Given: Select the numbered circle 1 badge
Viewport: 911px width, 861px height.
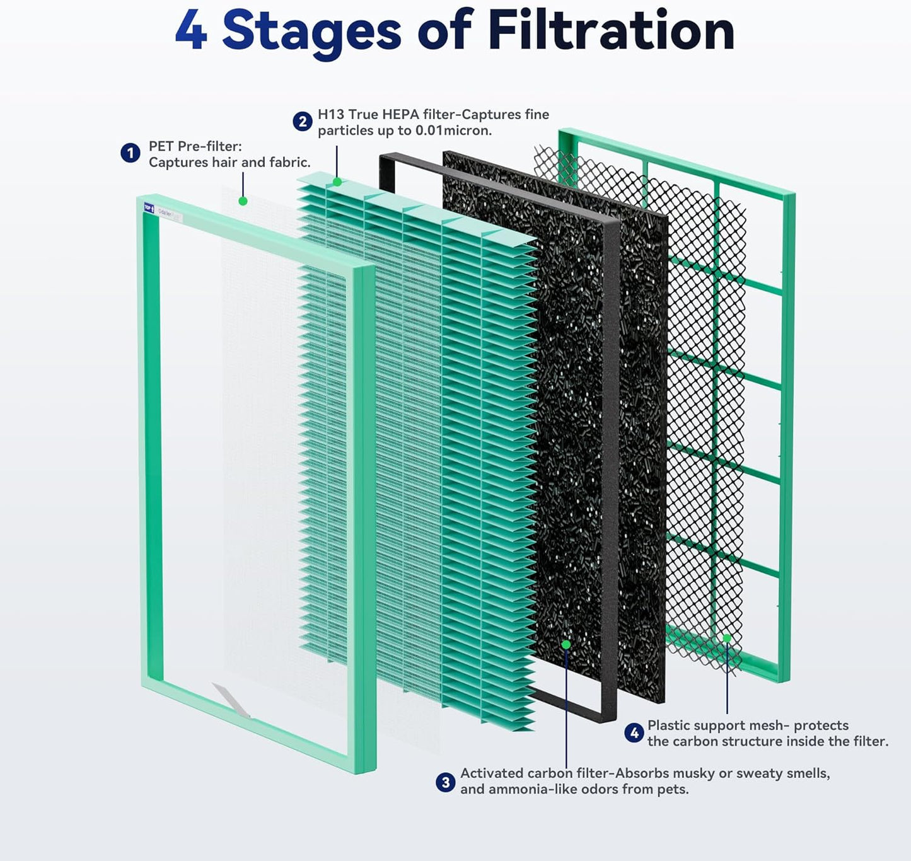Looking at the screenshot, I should coord(131,153).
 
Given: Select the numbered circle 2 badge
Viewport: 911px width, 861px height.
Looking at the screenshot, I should coord(303,122).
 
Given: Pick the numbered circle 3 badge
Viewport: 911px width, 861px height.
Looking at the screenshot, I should coord(446,782).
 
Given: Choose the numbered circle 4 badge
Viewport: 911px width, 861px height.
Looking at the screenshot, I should coord(634,733).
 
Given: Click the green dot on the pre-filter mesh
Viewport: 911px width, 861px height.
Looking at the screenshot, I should coord(243,201).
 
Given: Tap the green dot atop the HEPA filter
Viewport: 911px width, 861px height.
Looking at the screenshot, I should coord(337,182).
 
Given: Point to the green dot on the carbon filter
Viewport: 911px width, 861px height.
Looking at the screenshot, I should coord(566,644).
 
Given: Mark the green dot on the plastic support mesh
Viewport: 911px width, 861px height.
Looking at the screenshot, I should coord(727,638).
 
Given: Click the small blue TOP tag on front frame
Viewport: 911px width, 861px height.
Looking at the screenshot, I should coord(149,207).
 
